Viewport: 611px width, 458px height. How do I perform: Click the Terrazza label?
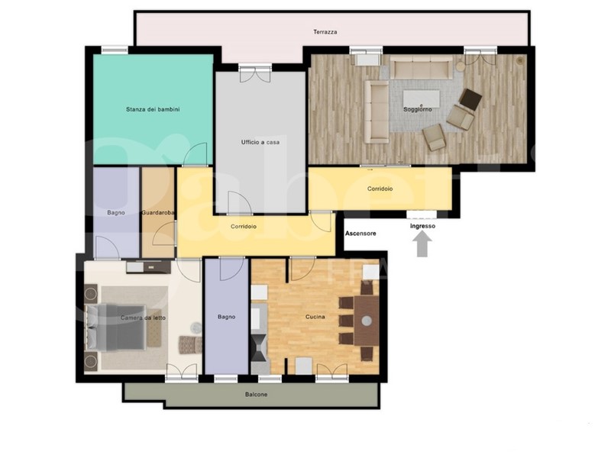click(x=325, y=32)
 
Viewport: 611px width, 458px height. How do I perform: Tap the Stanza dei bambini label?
click(x=153, y=109)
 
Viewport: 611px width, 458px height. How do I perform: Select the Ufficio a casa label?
click(x=260, y=142)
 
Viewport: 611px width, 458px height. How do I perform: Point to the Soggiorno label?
click(x=417, y=109)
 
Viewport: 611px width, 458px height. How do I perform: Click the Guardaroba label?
click(x=158, y=213)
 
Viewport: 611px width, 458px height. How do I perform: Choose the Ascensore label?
click(x=360, y=234)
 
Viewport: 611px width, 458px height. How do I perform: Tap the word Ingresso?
click(x=422, y=226)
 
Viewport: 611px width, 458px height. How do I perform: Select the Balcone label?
click(x=256, y=395)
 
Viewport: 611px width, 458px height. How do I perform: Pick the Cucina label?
click(x=315, y=317)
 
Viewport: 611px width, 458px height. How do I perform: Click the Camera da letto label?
click(x=143, y=318)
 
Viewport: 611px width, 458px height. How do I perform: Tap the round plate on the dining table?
click(x=367, y=321)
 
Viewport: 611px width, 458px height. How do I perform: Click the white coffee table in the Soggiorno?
click(x=422, y=98)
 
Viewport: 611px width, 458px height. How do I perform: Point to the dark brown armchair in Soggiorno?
click(x=470, y=99)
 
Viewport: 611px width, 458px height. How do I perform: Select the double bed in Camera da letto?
click(x=117, y=328)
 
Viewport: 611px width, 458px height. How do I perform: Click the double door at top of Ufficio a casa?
click(x=255, y=74)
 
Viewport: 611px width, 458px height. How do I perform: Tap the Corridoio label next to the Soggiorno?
click(x=380, y=189)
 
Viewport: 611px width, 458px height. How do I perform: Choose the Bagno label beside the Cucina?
click(x=226, y=317)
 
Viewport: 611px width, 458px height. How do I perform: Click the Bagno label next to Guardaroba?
click(x=116, y=213)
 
